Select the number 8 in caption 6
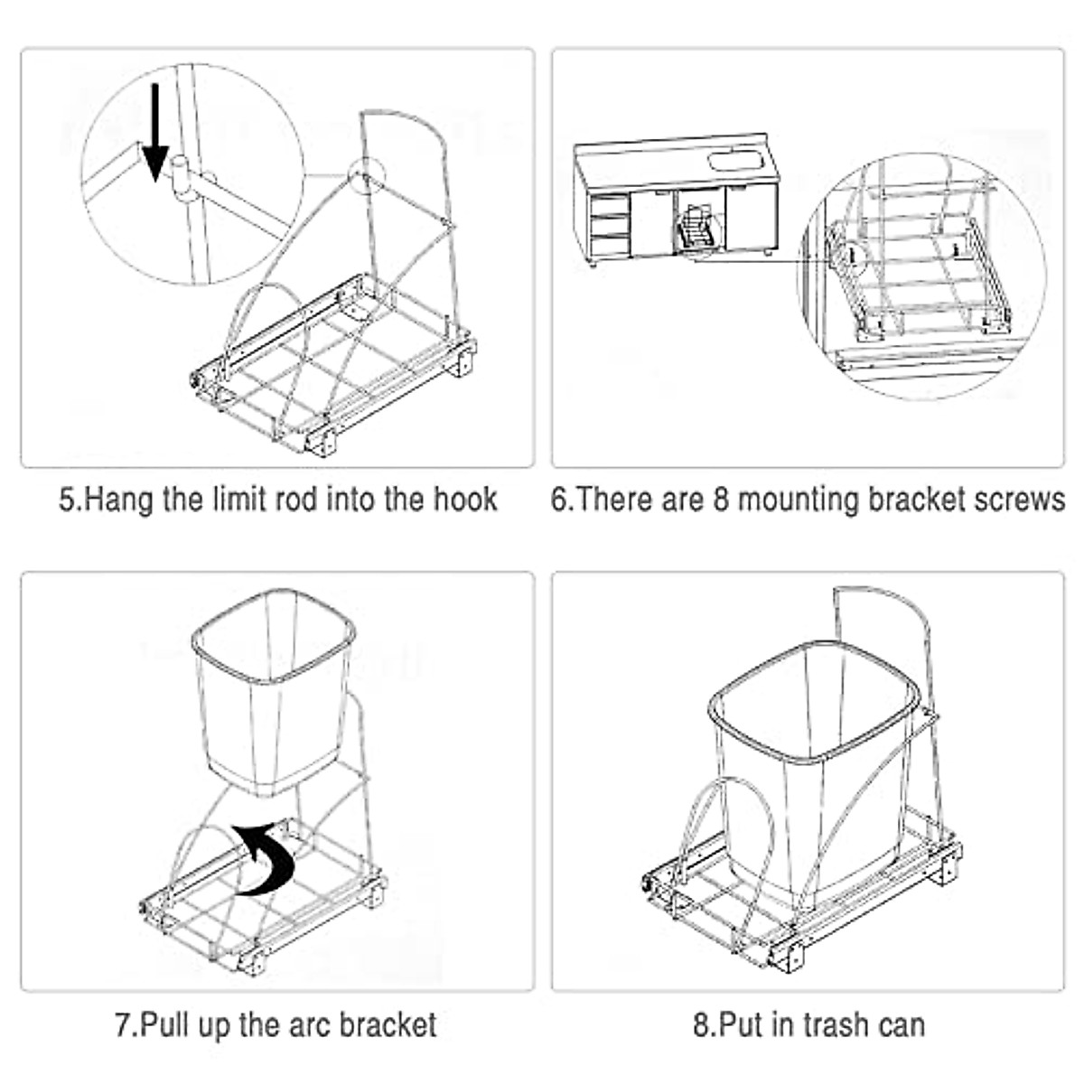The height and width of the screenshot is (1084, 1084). point(721,500)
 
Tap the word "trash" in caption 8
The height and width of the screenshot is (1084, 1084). point(798,1025)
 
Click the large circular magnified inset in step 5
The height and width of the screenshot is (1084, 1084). point(192,176)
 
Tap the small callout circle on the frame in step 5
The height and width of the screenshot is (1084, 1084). point(366,174)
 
